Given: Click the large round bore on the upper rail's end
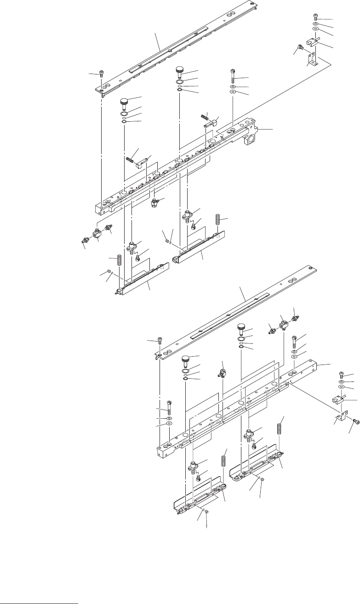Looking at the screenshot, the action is coord(252,138).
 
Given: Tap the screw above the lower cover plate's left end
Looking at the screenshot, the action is coord(160,341).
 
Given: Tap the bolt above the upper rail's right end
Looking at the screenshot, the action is coord(233,73).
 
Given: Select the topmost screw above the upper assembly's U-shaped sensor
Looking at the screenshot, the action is coord(316,17).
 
